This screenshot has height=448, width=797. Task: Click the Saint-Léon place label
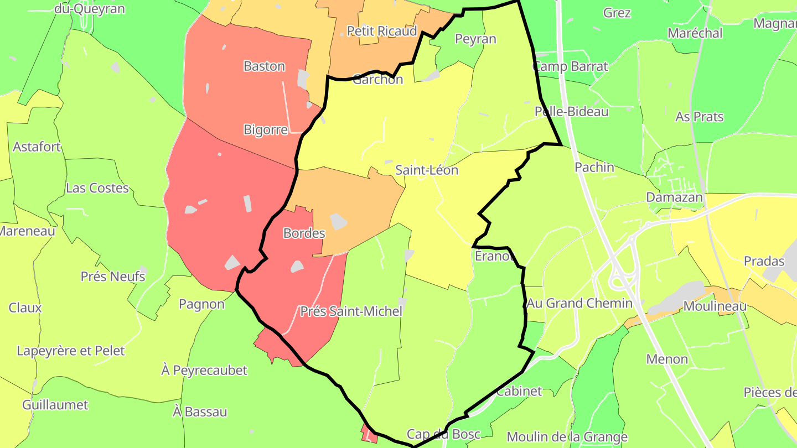(427, 170)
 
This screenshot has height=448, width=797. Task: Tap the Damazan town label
(675, 197)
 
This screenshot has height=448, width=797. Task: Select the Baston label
(265, 66)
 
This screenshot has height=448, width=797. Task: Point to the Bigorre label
(266, 130)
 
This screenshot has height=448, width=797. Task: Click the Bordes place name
(304, 233)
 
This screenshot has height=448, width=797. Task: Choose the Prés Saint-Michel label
(351, 311)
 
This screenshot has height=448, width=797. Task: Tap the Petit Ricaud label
(381, 31)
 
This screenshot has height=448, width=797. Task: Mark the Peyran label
(475, 39)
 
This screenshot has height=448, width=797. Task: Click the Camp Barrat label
(570, 66)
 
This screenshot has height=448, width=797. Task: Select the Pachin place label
(594, 167)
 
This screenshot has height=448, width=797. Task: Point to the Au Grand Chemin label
(579, 303)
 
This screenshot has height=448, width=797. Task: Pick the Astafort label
(37, 147)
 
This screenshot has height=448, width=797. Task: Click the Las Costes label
(97, 188)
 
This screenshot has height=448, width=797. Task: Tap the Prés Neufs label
(113, 276)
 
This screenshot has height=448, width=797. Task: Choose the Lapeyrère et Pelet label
(71, 351)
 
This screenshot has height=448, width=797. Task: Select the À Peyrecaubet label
(204, 370)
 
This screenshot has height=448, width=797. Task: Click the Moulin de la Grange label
(567, 437)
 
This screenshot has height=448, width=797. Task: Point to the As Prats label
(700, 117)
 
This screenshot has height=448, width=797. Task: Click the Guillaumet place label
(55, 405)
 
